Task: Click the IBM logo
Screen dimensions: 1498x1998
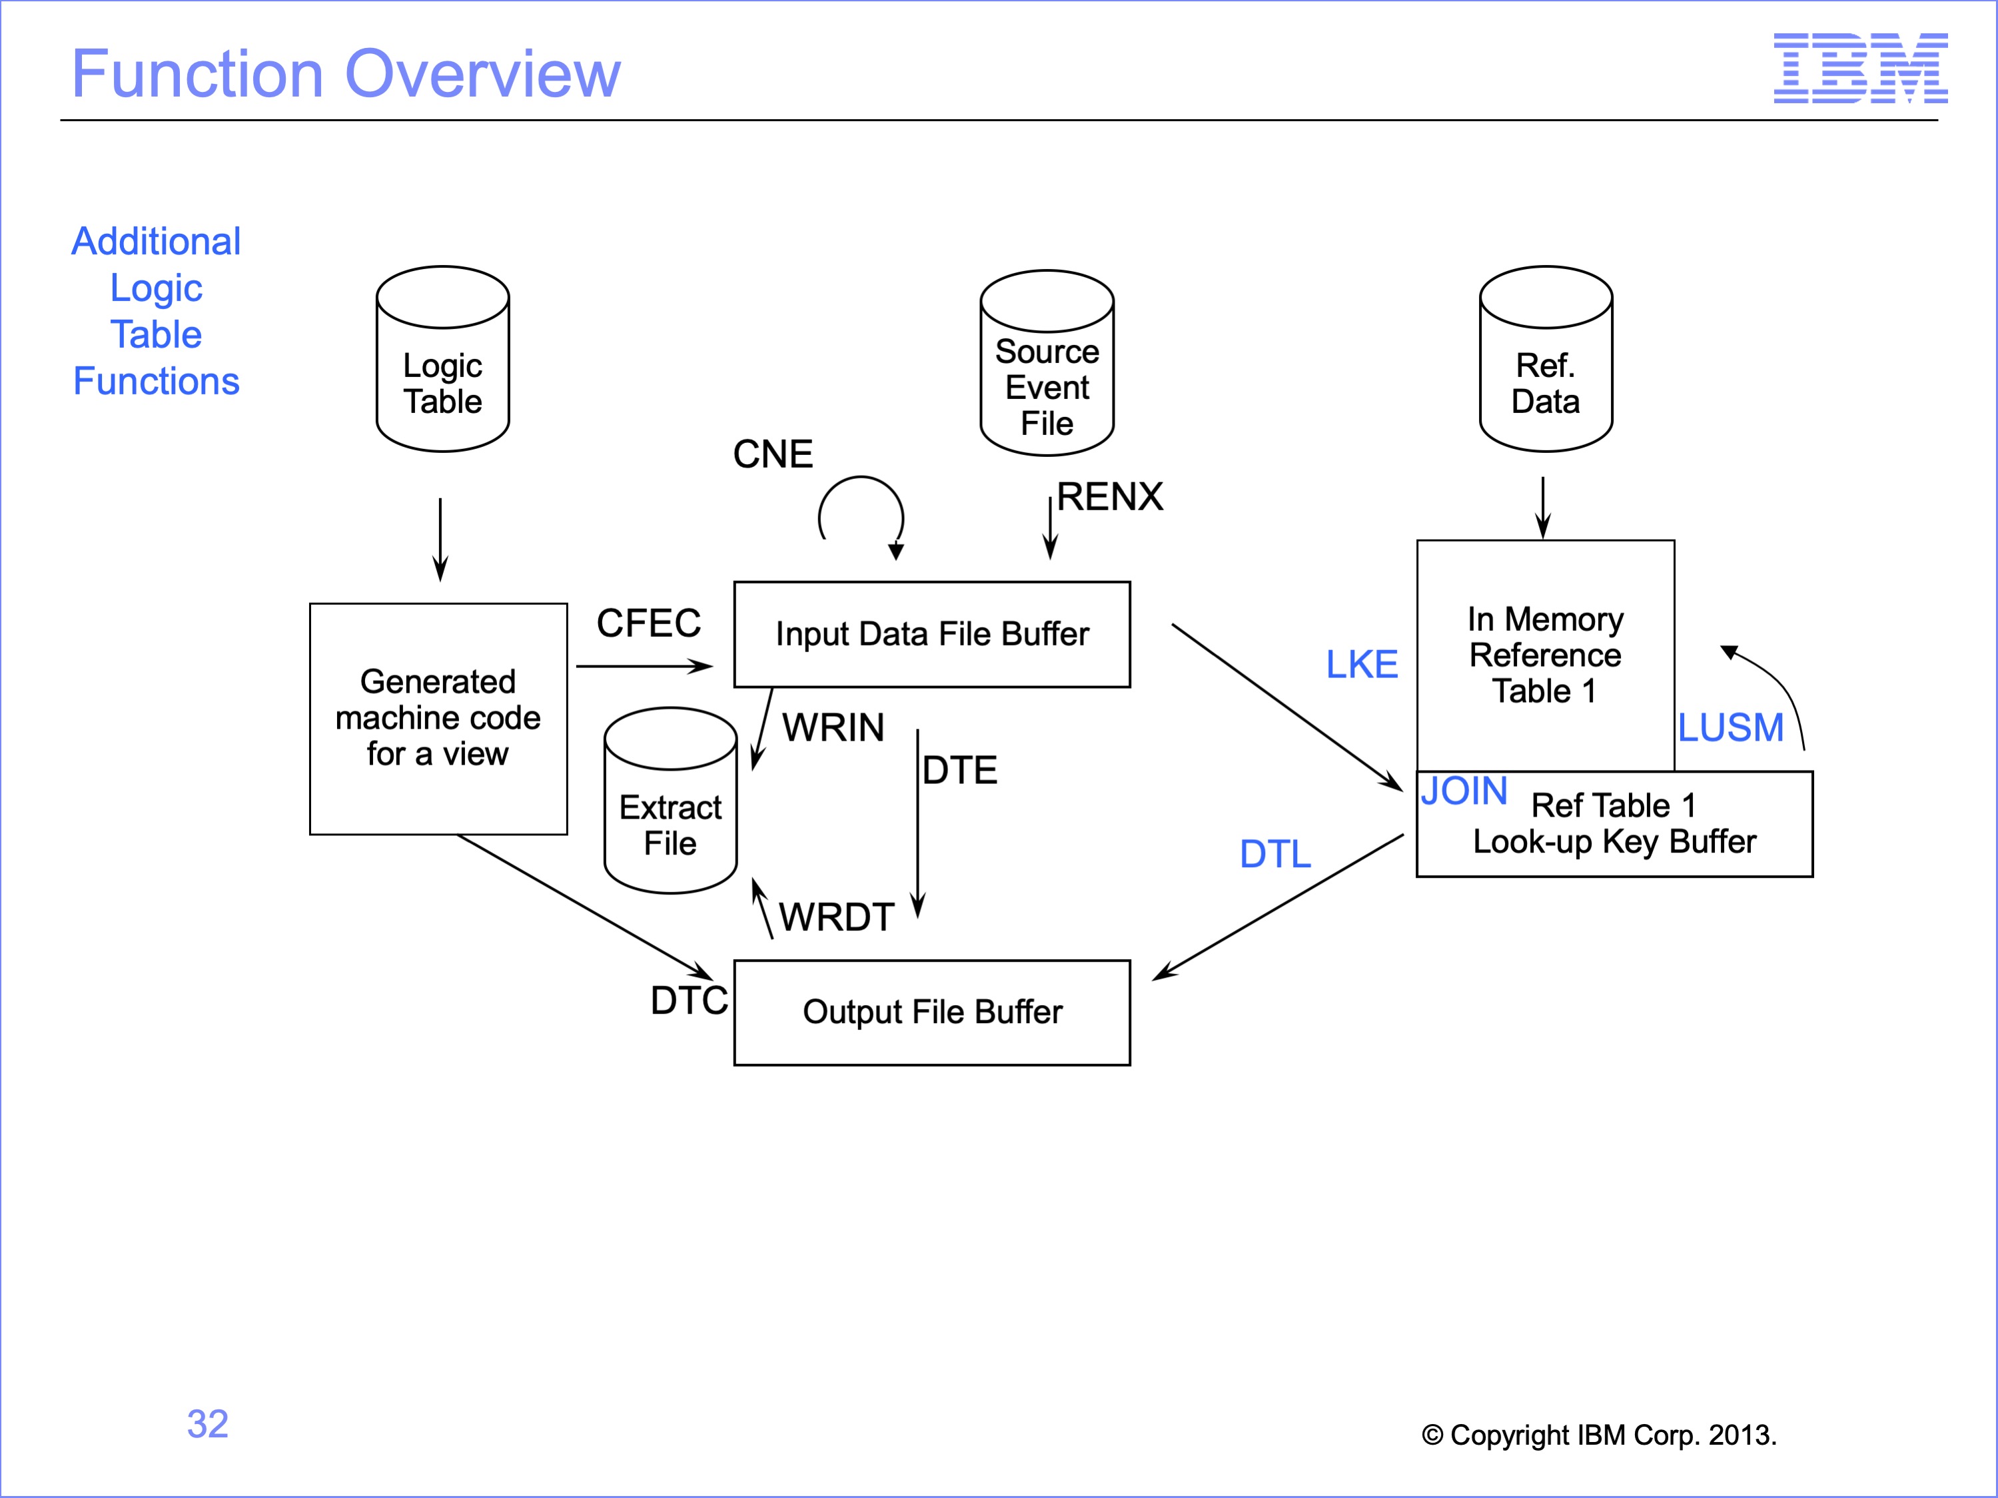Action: pos(1860,68)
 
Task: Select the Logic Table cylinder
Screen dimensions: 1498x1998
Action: pos(442,360)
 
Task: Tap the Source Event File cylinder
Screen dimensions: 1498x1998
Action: pos(1047,364)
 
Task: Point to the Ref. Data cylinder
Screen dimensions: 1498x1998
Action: pos(1546,360)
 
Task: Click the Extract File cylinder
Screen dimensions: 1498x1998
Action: pos(670,802)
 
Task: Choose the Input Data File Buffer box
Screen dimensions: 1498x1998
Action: pos(932,634)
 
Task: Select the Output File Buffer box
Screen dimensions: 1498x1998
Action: pos(932,1012)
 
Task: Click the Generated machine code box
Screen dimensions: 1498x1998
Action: pos(438,719)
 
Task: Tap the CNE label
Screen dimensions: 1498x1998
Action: pos(772,454)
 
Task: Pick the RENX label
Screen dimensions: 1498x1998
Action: pos(1110,497)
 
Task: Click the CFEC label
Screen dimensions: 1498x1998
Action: pos(648,623)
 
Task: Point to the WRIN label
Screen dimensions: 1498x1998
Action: pos(833,728)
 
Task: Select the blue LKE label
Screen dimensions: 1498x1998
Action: pos(1361,665)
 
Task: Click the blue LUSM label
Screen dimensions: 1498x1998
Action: pos(1731,728)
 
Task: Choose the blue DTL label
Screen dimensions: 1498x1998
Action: pos(1274,854)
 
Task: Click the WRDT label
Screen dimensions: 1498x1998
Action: pos(836,917)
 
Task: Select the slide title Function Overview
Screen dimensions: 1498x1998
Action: pos(346,74)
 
